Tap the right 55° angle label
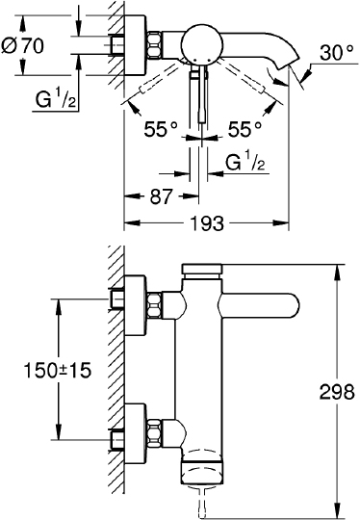243,126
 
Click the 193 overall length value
207,222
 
